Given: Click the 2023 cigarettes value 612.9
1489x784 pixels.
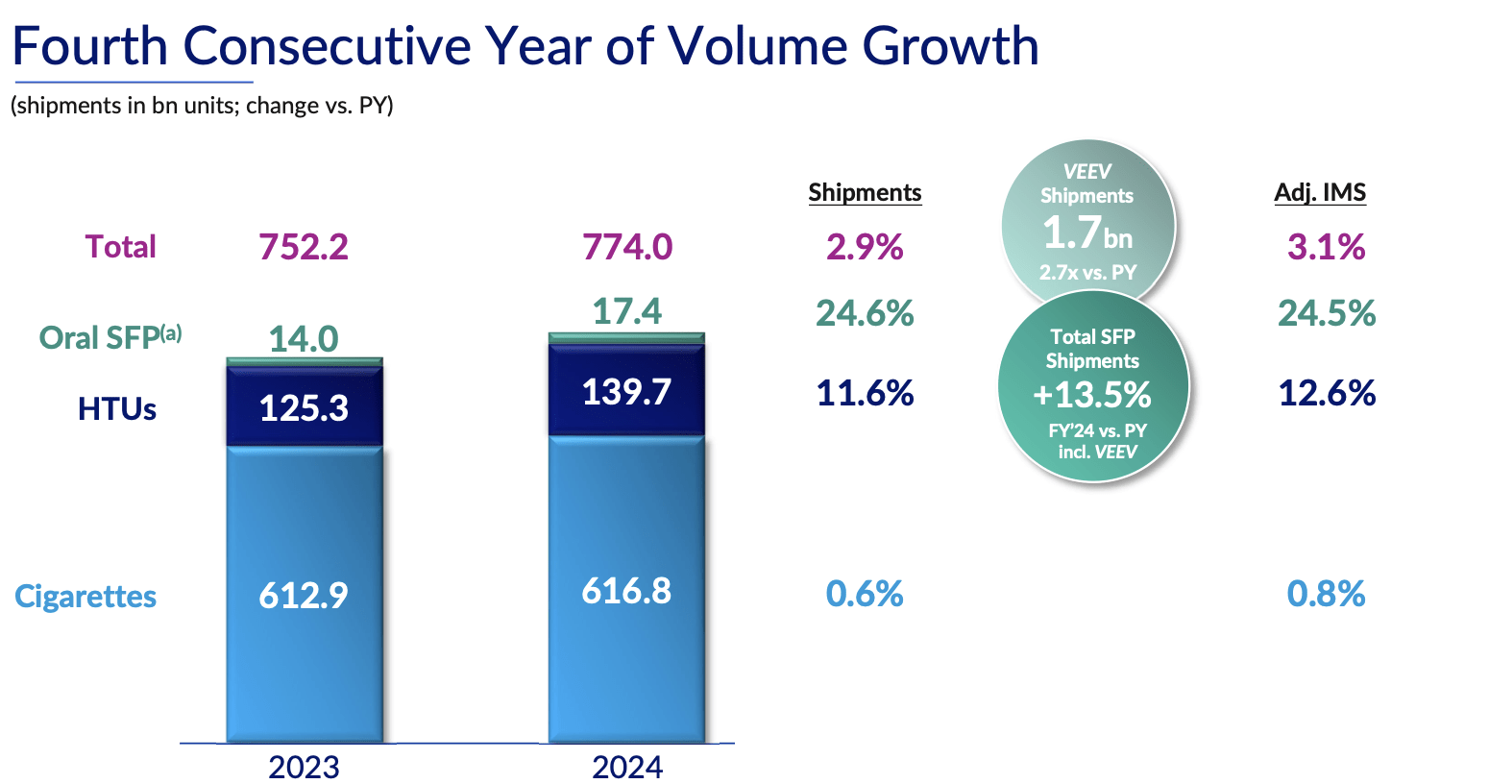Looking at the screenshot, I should pyautogui.click(x=303, y=596).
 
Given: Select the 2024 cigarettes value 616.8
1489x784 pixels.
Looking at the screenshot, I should pyautogui.click(x=626, y=590).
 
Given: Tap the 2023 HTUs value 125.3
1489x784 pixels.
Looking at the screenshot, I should pyautogui.click(x=303, y=408).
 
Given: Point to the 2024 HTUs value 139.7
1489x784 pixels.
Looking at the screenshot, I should pyautogui.click(x=626, y=392).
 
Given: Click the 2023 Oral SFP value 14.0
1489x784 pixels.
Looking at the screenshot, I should pyautogui.click(x=303, y=338).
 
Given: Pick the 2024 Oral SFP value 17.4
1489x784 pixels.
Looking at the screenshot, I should pyautogui.click(x=626, y=311).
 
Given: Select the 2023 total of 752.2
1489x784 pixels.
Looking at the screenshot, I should pyautogui.click(x=303, y=247).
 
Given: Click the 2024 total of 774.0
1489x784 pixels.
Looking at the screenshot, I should pyautogui.click(x=626, y=247).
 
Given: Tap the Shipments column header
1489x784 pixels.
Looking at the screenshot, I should pyautogui.click(x=865, y=192).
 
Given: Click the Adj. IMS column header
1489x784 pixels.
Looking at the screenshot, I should pyautogui.click(x=1320, y=192).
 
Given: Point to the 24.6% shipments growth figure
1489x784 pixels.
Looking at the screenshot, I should pyautogui.click(x=865, y=313).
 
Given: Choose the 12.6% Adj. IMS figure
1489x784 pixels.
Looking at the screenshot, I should pyautogui.click(x=1327, y=393).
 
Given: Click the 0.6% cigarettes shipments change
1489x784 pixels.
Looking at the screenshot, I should pyautogui.click(x=865, y=594).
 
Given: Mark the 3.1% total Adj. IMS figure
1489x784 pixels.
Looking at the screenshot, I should pyautogui.click(x=1326, y=247).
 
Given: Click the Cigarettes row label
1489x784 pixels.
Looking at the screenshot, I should pyautogui.click(x=85, y=596).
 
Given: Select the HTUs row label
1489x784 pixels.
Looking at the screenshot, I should pyautogui.click(x=117, y=409).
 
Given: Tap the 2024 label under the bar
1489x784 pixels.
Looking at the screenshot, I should pyautogui.click(x=626, y=767).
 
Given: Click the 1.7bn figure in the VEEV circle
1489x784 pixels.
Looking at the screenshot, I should pyautogui.click(x=1086, y=233).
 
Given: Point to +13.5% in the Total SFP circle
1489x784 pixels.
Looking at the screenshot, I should pyautogui.click(x=1092, y=395).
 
